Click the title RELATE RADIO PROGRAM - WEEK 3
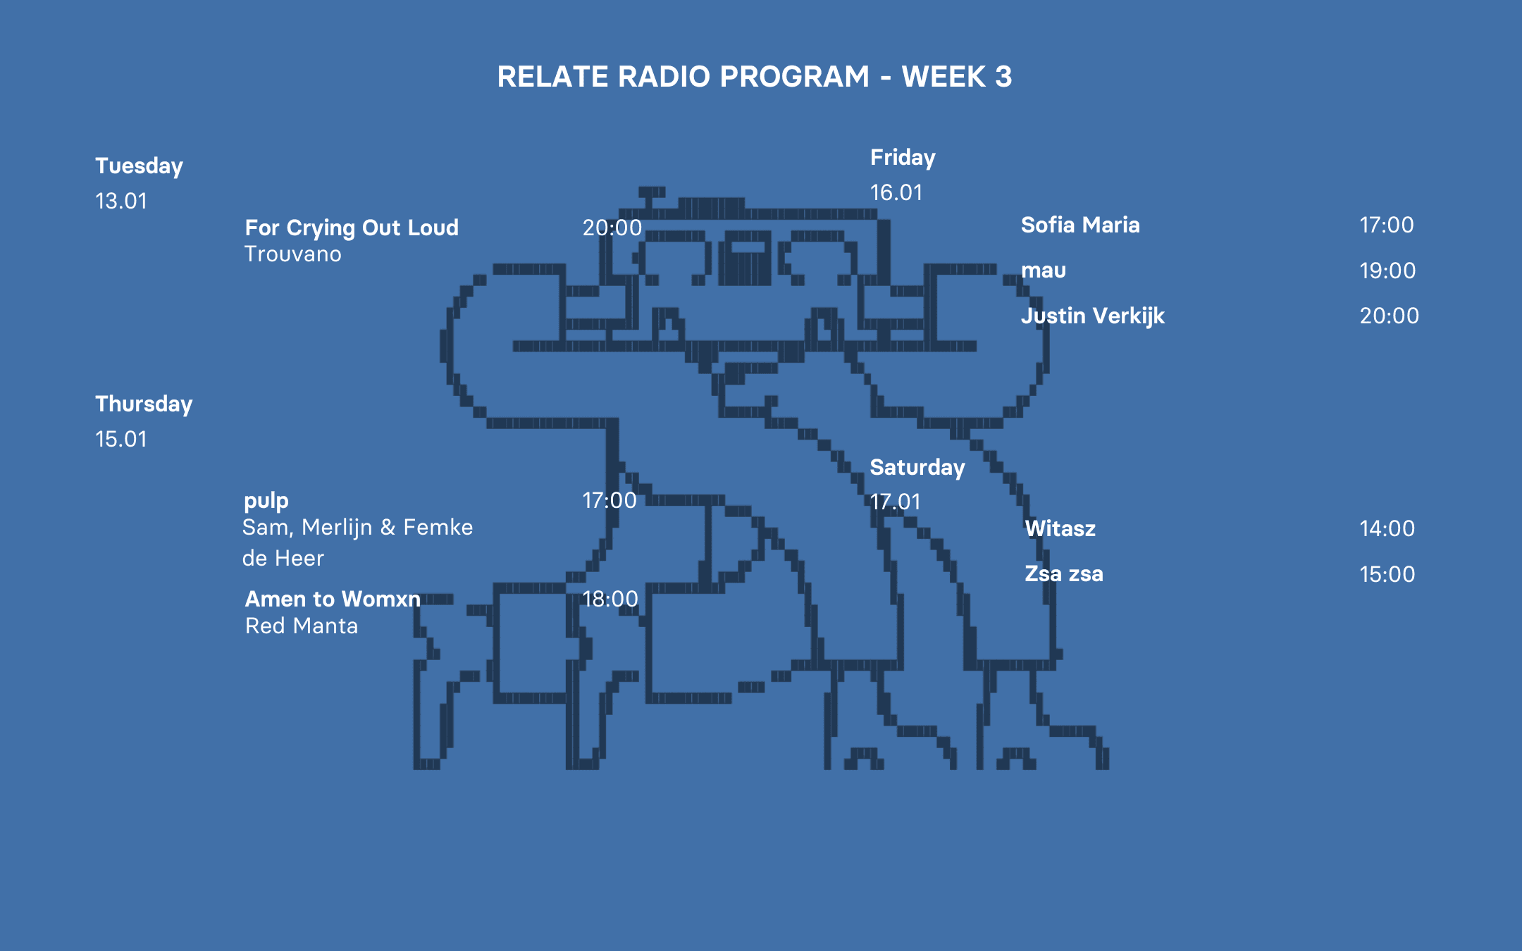coord(754,77)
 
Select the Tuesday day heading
coord(139,166)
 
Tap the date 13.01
coord(121,201)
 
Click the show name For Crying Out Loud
coord(352,228)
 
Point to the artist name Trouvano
coord(292,254)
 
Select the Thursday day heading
coord(144,404)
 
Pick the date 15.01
coord(121,440)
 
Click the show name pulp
coord(266,501)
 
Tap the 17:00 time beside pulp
coord(610,501)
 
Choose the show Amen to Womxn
coord(333,599)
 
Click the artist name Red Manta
coord(302,626)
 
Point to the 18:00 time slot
coord(610,599)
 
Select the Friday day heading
coord(903,158)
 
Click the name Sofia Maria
coord(1080,225)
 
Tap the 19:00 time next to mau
coord(1387,271)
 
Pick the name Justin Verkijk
coord(1093,316)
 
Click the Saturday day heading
coord(917,468)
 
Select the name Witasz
coord(1060,529)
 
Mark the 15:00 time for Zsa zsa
coord(1387,575)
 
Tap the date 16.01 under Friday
coord(896,193)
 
